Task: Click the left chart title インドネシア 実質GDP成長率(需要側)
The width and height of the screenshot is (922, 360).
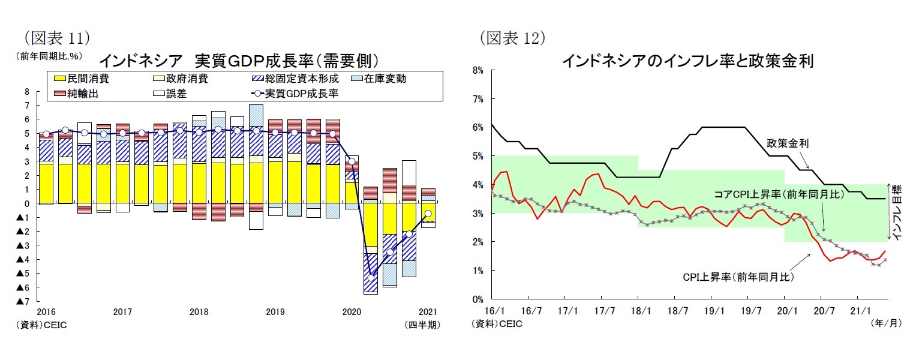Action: pyautogui.click(x=238, y=60)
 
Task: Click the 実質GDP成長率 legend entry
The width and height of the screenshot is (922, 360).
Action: pyautogui.click(x=294, y=93)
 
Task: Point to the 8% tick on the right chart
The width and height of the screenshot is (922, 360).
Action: pyautogui.click(x=478, y=70)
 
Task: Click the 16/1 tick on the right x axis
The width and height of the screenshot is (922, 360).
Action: pyautogui.click(x=491, y=311)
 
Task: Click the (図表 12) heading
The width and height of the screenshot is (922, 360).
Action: pyautogui.click(x=512, y=38)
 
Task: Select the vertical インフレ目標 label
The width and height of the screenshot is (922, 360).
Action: pyautogui.click(x=897, y=213)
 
